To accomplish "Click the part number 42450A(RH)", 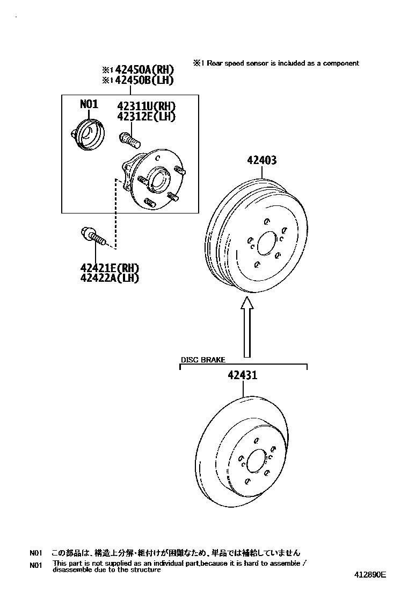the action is coord(144,70).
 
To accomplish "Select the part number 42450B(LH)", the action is coord(144,80).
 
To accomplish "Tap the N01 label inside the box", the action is coord(89,104).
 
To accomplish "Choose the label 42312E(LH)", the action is coord(147,116).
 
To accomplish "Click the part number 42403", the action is coord(262,160).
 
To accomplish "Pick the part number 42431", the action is coord(243,375).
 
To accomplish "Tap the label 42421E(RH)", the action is coord(110,268).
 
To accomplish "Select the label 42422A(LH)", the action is coord(110,278).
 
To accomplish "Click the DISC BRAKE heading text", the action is coord(203,360).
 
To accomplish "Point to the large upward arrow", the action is coord(247,327).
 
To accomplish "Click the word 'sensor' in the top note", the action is coord(257,63).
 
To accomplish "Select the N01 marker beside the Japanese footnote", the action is coord(35,553).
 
